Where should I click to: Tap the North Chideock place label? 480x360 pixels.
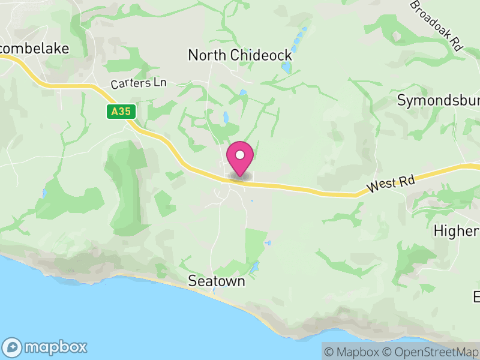tap(240, 55)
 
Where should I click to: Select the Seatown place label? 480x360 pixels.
tap(217, 281)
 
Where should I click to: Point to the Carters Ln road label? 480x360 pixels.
tap(138, 83)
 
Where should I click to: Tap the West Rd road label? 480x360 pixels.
tap(390, 182)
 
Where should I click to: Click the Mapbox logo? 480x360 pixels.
tap(46, 347)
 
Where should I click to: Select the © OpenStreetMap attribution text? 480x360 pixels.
tap(435, 352)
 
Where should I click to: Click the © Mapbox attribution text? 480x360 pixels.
tap(354, 352)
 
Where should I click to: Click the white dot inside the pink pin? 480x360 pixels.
tap(240, 155)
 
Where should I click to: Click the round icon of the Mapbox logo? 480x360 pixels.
tap(13, 347)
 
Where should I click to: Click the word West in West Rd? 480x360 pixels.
tap(379, 185)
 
